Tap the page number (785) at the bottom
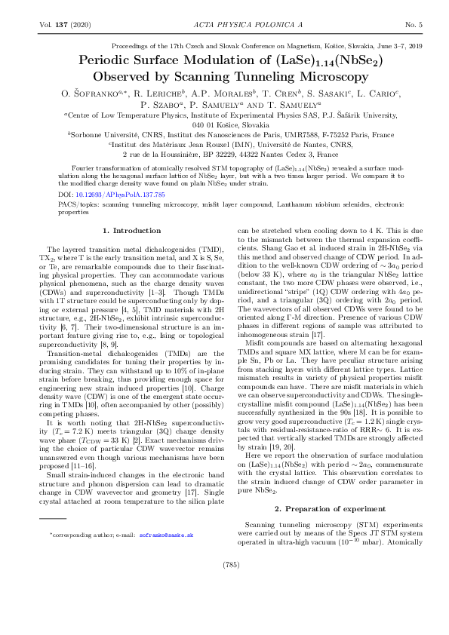coord(224,606)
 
